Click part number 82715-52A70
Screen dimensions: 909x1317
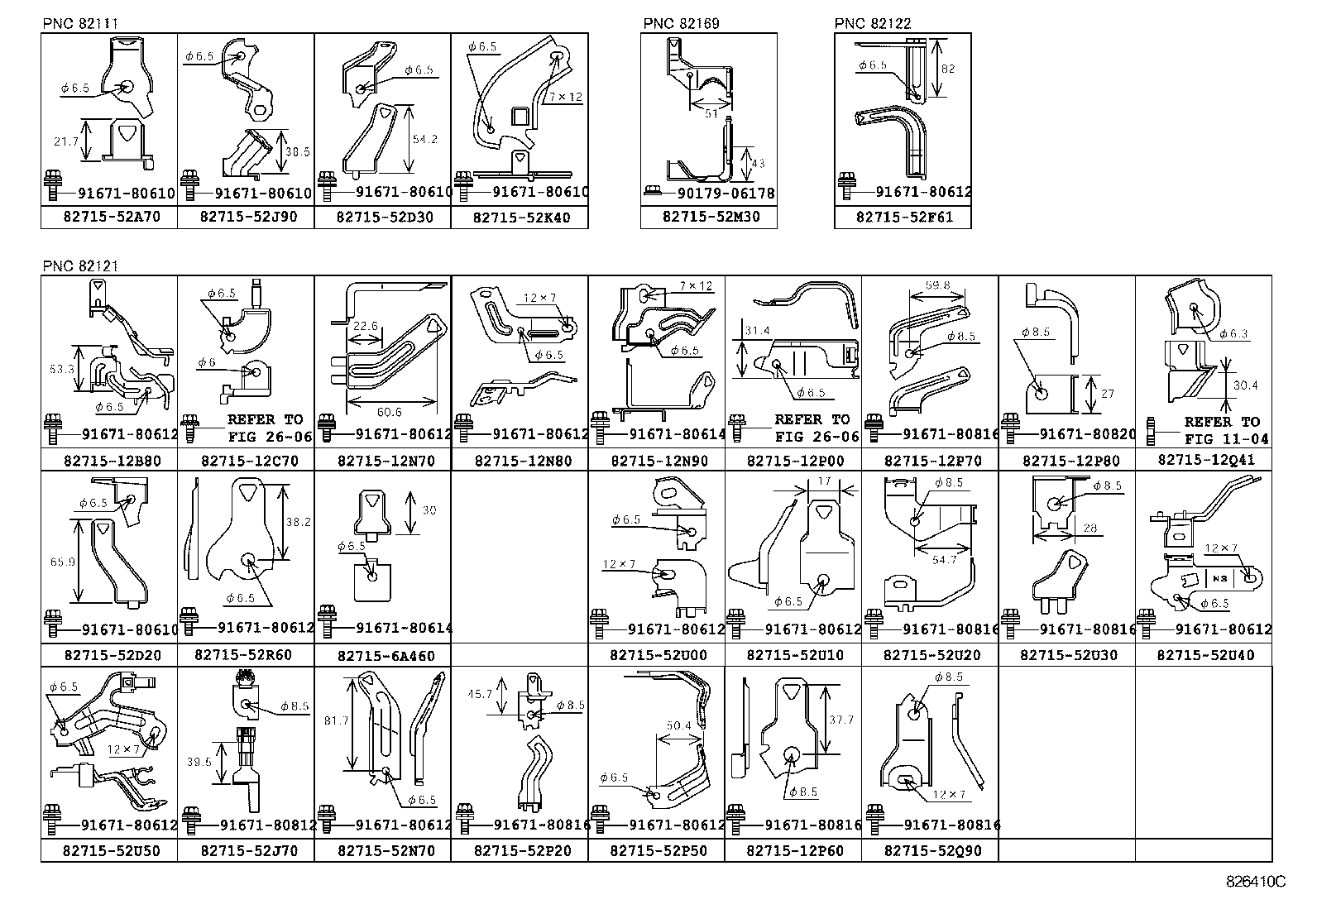pos(108,217)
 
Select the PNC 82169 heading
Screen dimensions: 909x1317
pos(680,23)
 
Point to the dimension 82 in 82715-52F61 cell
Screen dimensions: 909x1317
pos(948,69)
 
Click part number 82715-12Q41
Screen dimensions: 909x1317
pos(1205,459)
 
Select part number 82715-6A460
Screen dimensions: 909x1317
pos(386,656)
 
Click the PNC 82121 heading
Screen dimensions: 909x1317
pos(80,266)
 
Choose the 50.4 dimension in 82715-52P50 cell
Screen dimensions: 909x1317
pos(678,726)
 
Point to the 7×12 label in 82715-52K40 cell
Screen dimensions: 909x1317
pos(566,97)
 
